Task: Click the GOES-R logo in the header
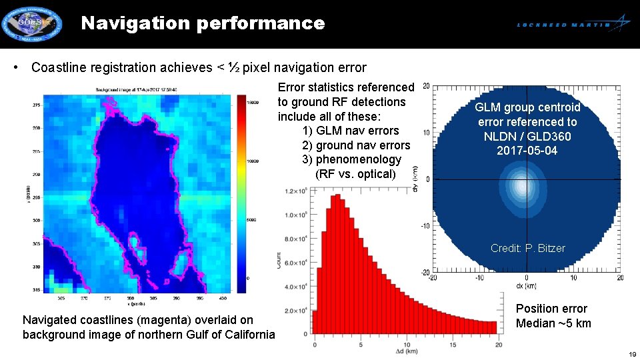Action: coord(31,24)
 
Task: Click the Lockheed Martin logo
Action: coord(573,24)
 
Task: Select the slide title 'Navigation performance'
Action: coord(203,23)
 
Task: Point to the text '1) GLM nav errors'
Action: coord(351,131)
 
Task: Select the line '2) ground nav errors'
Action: coord(356,145)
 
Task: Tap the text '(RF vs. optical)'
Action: coord(355,174)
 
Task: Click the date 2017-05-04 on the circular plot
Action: coord(527,151)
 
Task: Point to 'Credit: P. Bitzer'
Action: coord(527,248)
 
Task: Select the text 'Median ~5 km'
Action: coord(553,323)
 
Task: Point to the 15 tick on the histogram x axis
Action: coord(452,343)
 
